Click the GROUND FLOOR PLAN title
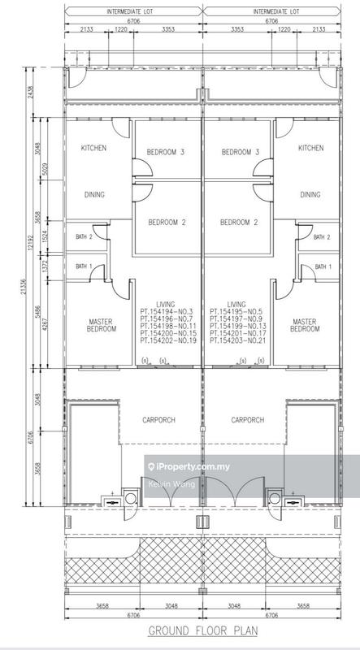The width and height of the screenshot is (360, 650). pyautogui.click(x=203, y=631)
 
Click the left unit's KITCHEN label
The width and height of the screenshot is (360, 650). pyautogui.click(x=93, y=148)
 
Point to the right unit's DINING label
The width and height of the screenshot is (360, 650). pyautogui.click(x=310, y=194)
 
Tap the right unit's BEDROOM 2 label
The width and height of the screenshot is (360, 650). pyautogui.click(x=238, y=223)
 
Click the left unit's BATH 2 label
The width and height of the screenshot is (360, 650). pyautogui.click(x=84, y=237)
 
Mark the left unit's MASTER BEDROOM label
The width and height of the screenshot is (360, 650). pyautogui.click(x=102, y=326)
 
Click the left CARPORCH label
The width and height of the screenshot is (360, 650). pyautogui.click(x=158, y=420)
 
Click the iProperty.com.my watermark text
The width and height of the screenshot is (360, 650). pyautogui.click(x=189, y=467)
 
